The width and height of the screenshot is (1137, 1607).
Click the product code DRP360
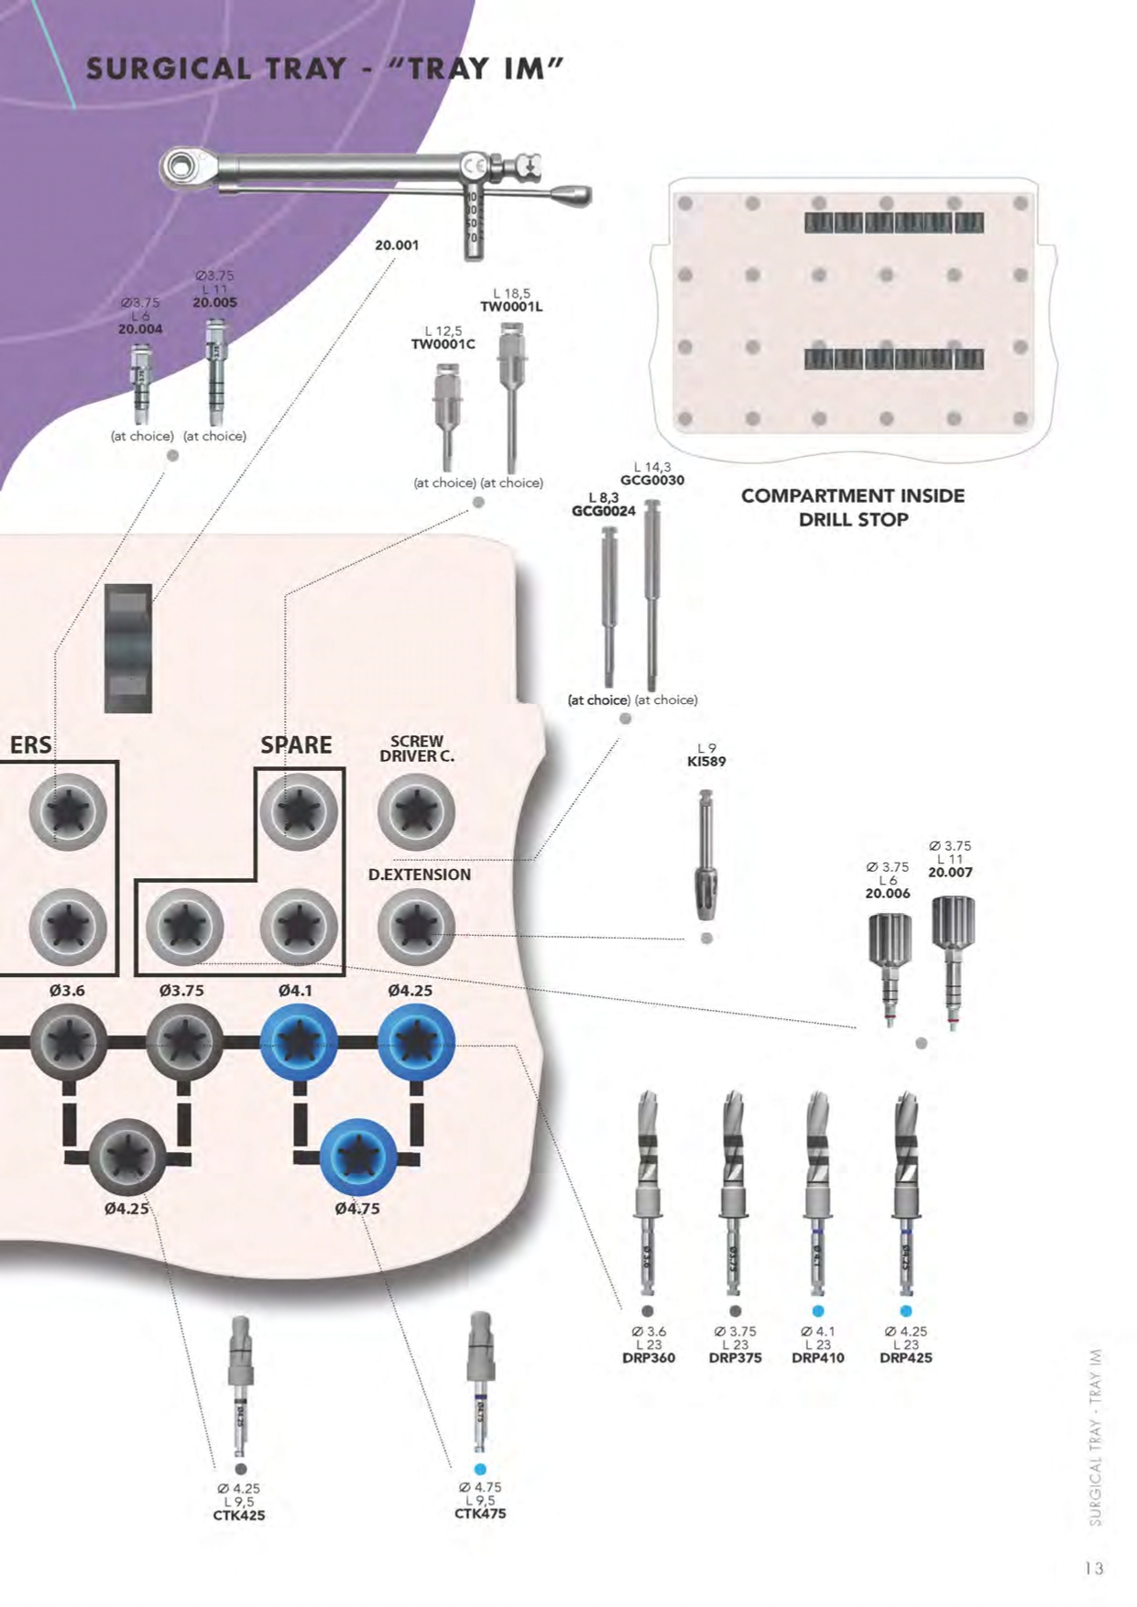[649, 1358]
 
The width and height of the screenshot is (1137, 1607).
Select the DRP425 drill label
[905, 1358]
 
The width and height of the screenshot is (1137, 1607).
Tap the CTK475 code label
[480, 1514]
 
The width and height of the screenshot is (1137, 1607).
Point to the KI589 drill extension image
[705, 855]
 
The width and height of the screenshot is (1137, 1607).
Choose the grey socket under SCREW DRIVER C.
[416, 811]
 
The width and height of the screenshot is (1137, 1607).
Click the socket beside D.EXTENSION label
[416, 927]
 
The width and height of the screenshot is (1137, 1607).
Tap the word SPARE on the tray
[296, 744]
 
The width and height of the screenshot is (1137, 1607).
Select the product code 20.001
[397, 245]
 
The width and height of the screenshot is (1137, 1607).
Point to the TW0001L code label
[511, 307]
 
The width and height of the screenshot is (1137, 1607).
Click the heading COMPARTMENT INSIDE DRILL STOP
[852, 507]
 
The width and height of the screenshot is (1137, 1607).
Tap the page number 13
[1094, 1568]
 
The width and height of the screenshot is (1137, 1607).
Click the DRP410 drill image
[817, 1190]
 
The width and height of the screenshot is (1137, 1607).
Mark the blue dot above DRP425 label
[906, 1311]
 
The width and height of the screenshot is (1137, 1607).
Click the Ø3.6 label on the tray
[67, 991]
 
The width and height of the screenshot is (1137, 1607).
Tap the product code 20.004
[140, 329]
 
